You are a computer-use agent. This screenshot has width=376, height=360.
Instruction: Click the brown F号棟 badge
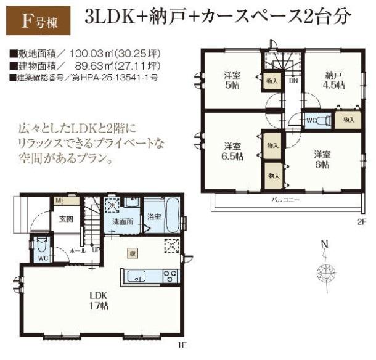[38, 20]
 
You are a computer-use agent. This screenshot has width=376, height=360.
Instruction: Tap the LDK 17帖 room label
[99, 301]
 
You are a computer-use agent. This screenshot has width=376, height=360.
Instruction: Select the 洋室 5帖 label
[232, 80]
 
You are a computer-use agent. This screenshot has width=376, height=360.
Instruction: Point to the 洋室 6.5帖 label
[232, 151]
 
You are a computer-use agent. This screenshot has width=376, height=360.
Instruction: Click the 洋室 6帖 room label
[322, 160]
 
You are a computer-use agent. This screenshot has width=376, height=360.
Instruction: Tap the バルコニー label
[285, 200]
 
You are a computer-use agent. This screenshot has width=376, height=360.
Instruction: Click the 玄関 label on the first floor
[66, 219]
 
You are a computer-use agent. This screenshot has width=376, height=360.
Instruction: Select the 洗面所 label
[123, 221]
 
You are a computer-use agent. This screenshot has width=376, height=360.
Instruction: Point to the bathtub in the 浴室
[172, 215]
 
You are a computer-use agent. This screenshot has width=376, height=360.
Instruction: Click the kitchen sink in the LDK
[136, 276]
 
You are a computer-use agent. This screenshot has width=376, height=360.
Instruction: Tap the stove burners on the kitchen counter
[170, 276]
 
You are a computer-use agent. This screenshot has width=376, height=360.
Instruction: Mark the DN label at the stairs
[293, 80]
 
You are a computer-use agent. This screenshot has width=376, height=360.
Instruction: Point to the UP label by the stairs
[96, 250]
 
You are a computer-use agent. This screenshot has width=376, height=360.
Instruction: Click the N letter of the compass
[325, 244]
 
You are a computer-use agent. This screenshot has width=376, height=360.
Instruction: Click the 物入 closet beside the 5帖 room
[272, 81]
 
